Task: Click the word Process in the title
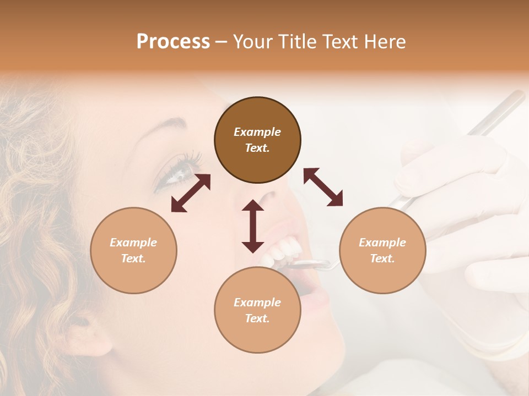(173, 42)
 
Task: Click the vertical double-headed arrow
(253, 227)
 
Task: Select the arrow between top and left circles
(191, 193)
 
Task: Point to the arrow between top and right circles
(323, 187)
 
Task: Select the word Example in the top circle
(257, 132)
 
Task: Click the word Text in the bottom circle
(257, 318)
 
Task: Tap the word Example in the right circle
(382, 243)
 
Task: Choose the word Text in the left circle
(133, 258)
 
